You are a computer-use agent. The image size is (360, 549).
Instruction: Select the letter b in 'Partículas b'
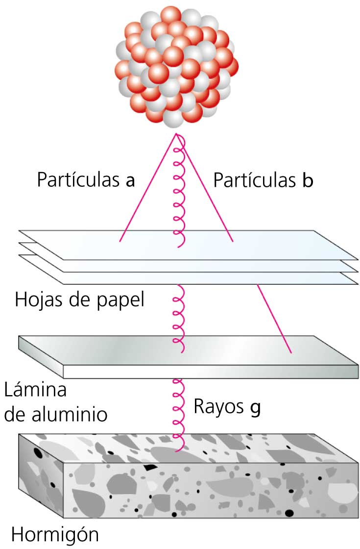tap(307, 181)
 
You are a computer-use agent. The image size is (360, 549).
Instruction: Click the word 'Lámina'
tap(35, 392)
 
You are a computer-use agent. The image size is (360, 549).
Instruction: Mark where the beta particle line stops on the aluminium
tap(291, 352)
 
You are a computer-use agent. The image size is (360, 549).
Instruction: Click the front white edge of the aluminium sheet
tap(211, 372)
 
